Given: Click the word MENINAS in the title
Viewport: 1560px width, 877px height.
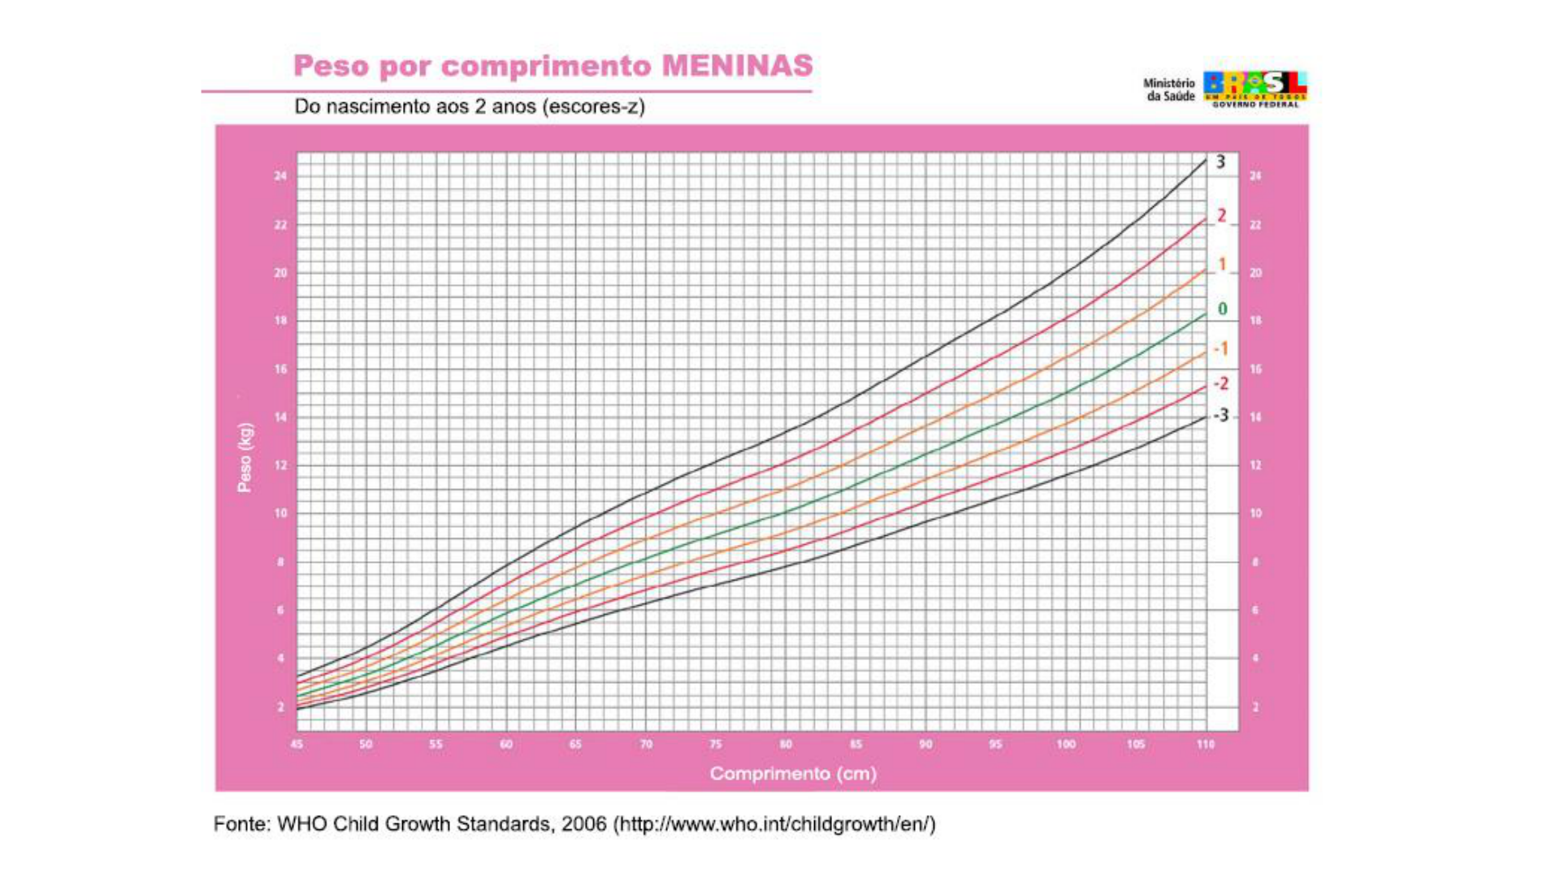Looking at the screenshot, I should (737, 66).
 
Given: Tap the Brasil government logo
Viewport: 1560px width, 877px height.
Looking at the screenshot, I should (1254, 89).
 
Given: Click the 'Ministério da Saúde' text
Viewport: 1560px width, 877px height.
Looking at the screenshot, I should (1169, 89).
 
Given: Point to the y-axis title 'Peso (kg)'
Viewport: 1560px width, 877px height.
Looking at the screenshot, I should (245, 457).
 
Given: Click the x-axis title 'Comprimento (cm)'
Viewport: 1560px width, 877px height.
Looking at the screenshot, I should (793, 774).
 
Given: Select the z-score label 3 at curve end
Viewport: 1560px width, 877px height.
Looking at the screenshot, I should (1220, 162).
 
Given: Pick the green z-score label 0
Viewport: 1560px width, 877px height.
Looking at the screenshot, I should (1222, 309).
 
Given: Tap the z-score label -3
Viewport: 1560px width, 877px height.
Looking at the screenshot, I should (1220, 416).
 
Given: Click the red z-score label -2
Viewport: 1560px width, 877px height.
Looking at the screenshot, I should (1220, 384).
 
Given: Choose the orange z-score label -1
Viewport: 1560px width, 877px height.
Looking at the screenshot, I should (1220, 349).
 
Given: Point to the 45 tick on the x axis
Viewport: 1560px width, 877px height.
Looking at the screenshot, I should (297, 744).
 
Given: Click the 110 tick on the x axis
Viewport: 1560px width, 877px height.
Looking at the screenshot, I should (1205, 744).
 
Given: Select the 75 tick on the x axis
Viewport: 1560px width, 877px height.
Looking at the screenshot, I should (715, 744).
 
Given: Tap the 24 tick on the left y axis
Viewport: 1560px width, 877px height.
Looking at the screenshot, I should (280, 176).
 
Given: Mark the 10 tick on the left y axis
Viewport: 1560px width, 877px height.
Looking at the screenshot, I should (280, 513).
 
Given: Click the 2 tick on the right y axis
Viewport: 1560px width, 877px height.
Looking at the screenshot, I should (1255, 707).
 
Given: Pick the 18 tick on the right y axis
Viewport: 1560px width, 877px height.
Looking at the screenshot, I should (1255, 321).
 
